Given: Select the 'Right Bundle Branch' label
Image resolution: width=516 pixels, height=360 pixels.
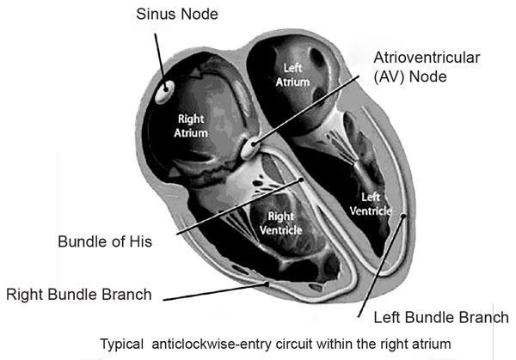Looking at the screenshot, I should coord(79,294).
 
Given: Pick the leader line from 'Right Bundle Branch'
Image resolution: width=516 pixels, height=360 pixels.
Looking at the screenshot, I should coord(215,290).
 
